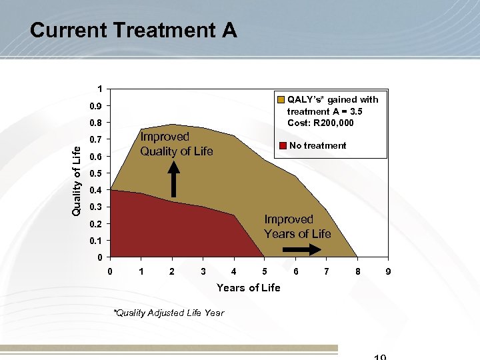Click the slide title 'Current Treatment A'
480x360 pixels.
click(133, 31)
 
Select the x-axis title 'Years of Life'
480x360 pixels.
click(248, 287)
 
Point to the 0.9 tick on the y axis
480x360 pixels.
click(97, 107)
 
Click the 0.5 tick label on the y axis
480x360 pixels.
click(97, 173)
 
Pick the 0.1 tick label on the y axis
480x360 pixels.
click(97, 241)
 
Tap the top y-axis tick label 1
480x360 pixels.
click(99, 89)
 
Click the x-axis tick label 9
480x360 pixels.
click(387, 271)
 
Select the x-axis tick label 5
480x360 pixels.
click(265, 271)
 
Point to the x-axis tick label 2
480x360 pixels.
click(172, 271)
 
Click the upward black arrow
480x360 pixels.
click(173, 180)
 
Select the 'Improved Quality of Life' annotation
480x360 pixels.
click(176, 144)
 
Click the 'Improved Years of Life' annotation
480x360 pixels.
click(297, 226)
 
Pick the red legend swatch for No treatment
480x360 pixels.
click(283, 145)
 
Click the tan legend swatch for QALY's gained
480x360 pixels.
click(281, 99)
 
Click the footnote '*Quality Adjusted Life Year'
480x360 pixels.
click(168, 313)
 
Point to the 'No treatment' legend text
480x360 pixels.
click(317, 145)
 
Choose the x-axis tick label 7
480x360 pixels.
click(325, 271)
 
